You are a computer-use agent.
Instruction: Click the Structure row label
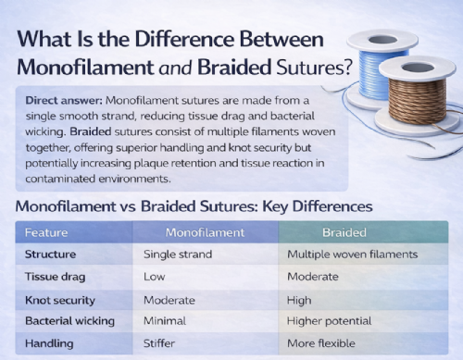[50, 253]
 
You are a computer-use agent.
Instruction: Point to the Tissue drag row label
[56, 276]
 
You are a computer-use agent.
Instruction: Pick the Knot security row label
[61, 299]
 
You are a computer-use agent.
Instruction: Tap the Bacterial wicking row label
[69, 320]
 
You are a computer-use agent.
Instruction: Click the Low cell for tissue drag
[155, 276]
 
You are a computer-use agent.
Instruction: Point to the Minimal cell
[165, 320]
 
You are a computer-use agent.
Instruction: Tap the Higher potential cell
[330, 320]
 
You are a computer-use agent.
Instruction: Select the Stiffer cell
[163, 343]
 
